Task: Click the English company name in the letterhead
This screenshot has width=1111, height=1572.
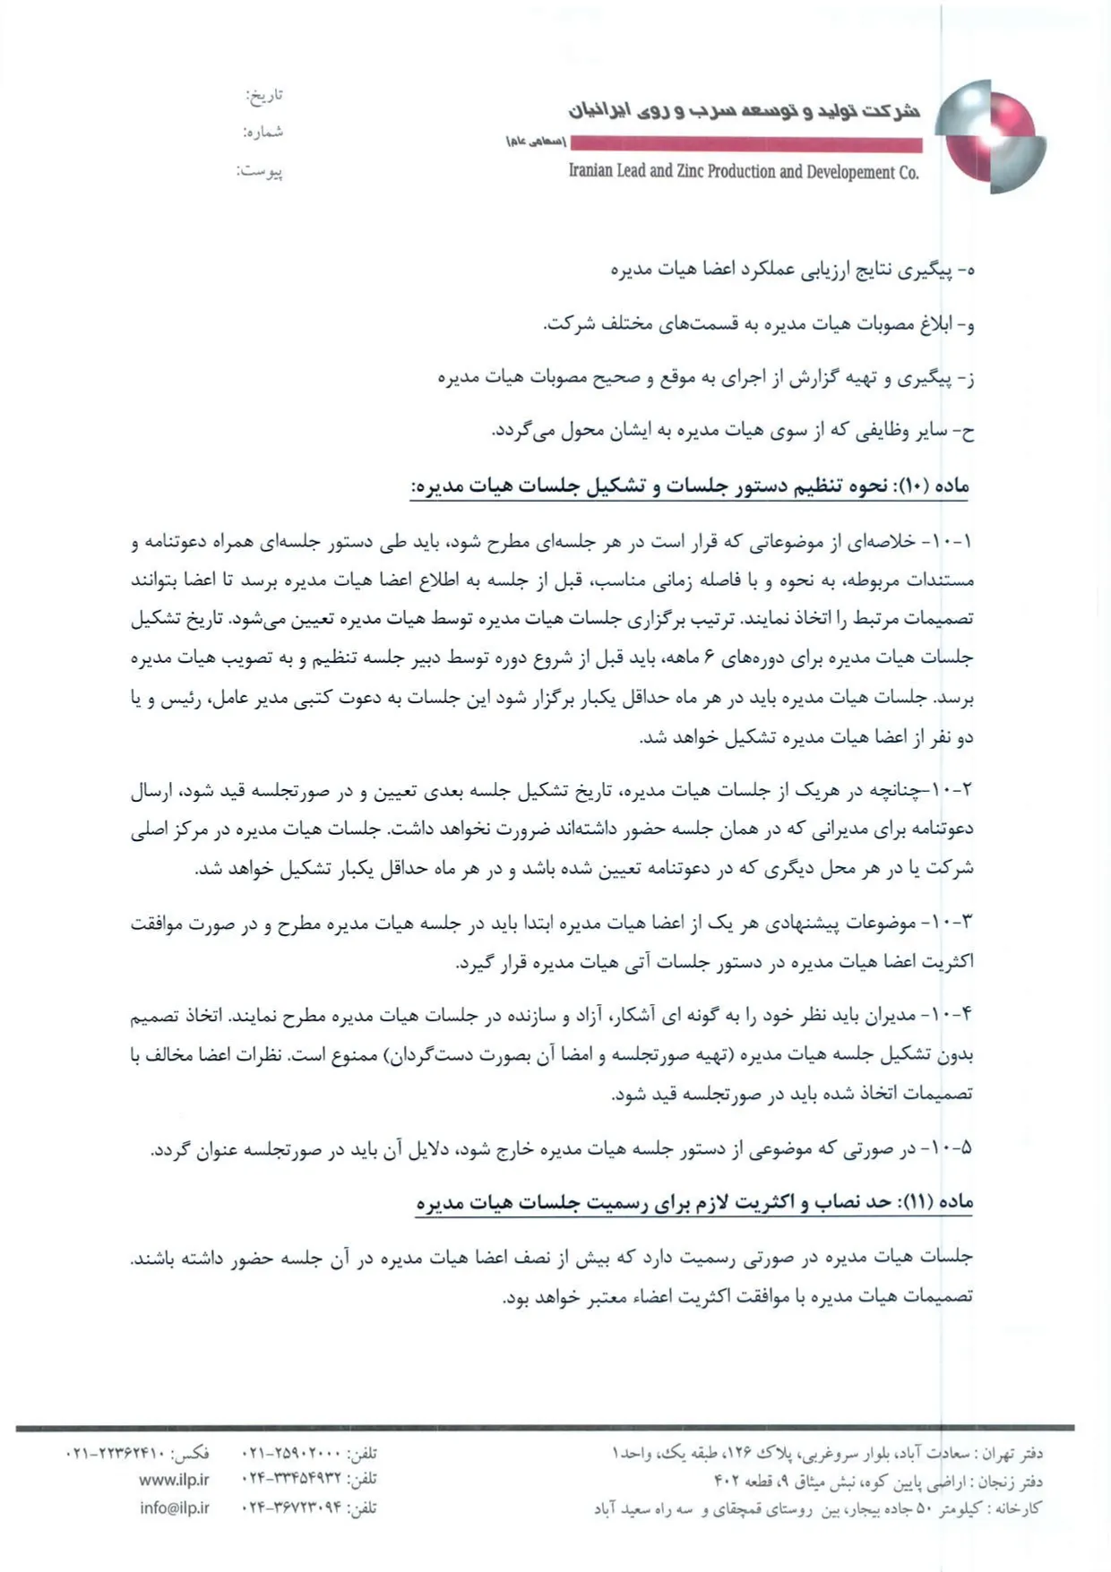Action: [x=744, y=172]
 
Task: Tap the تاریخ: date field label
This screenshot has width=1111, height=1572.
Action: [x=264, y=94]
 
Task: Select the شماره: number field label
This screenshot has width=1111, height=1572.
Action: [x=263, y=132]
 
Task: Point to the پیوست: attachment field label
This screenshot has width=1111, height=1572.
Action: [x=260, y=170]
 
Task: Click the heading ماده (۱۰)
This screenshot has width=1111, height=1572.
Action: [x=941, y=485]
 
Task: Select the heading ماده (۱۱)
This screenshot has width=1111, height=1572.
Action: [x=941, y=1202]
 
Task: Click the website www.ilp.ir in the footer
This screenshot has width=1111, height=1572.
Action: [x=174, y=1480]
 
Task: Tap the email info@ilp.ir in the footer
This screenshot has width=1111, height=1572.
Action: [x=174, y=1508]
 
